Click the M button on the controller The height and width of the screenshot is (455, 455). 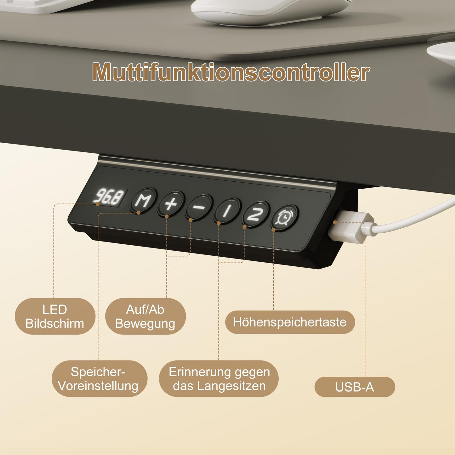[143, 201]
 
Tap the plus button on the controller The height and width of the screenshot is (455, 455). [171, 204]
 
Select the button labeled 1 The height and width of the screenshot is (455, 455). [227, 211]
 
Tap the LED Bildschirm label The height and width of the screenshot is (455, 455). [55, 316]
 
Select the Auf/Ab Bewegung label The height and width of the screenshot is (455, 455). [145, 316]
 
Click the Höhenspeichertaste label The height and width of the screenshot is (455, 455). [290, 322]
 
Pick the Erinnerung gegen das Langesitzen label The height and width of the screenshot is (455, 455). [219, 378]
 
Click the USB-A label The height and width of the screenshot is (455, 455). [355, 387]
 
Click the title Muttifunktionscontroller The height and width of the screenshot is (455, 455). [231, 72]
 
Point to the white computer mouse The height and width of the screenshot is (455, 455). [271, 11]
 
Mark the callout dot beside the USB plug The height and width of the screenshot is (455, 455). [335, 222]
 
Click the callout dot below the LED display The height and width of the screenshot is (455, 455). [98, 204]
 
